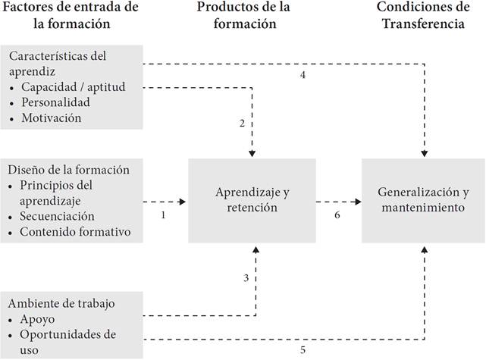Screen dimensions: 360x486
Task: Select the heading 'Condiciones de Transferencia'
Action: tap(423, 15)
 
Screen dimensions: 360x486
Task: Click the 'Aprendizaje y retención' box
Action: tap(252, 201)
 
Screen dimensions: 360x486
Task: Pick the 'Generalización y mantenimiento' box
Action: tap(423, 201)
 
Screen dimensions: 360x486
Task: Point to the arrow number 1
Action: tap(164, 216)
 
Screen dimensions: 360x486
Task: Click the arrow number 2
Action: tap(241, 123)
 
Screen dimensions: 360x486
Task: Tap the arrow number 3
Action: tap(246, 278)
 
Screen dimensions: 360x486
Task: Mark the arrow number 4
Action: tap(302, 75)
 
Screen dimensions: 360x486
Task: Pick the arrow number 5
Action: tap(302, 349)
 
